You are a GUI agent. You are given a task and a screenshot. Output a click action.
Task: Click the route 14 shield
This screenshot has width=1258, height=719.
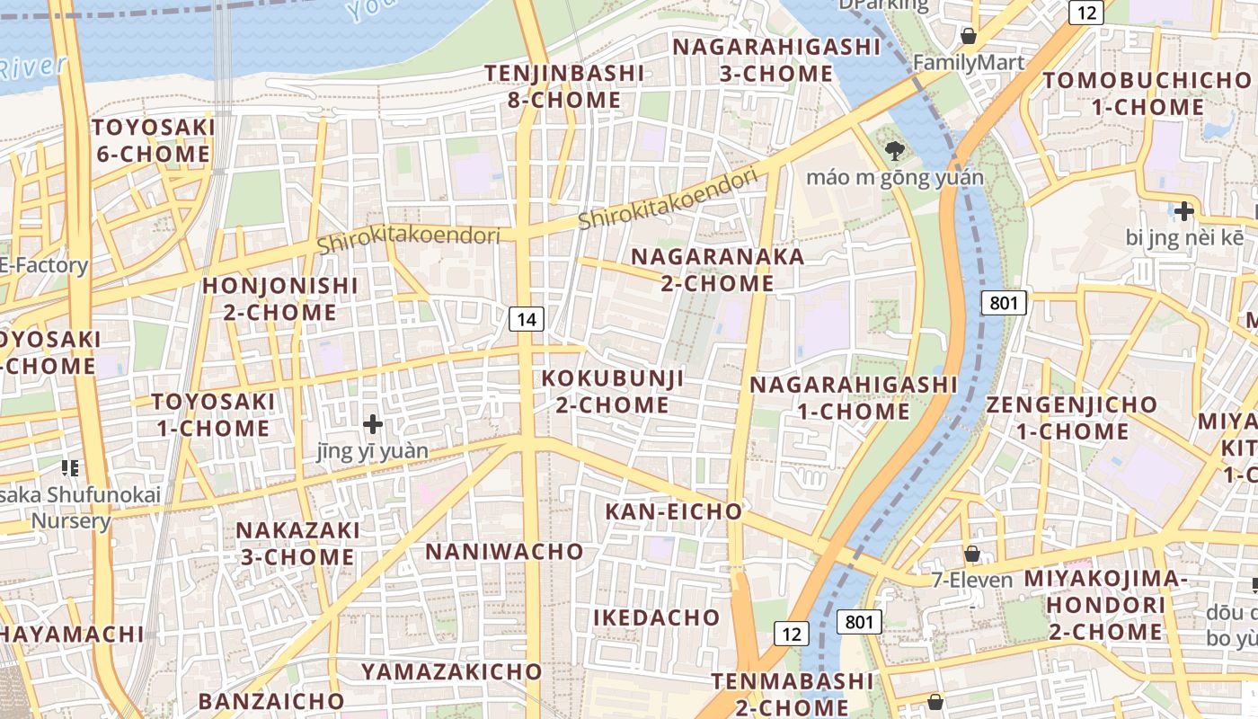click(x=527, y=318)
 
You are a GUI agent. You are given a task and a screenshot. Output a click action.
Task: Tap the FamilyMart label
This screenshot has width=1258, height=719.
click(x=969, y=62)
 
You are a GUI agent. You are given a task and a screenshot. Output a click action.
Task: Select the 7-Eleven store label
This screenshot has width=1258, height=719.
click(x=972, y=580)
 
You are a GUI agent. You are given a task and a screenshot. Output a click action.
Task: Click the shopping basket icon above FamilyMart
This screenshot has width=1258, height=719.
click(x=969, y=36)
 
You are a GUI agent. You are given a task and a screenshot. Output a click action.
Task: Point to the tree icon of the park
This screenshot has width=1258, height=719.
click(x=894, y=151)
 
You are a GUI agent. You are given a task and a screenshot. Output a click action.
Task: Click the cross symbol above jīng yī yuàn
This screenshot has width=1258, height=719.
click(x=373, y=423)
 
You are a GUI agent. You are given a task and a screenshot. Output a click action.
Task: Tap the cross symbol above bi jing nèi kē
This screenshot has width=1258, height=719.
click(x=1184, y=212)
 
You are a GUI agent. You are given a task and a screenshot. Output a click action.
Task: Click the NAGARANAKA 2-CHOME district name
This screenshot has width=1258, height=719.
click(x=717, y=270)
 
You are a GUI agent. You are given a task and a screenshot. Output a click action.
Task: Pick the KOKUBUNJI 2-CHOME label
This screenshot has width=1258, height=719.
click(x=612, y=391)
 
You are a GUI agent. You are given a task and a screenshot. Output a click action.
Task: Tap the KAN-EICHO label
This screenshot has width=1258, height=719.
click(x=674, y=511)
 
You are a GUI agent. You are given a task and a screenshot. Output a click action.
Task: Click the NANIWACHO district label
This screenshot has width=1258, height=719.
click(x=504, y=551)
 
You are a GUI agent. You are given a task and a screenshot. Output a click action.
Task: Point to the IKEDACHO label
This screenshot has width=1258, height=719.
click(x=656, y=617)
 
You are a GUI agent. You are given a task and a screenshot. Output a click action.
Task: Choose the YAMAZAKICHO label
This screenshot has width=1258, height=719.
click(x=452, y=671)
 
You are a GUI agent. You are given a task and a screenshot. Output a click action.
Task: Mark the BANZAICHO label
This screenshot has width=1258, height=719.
click(x=271, y=701)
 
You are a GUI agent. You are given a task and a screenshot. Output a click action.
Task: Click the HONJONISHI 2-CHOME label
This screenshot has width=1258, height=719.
click(x=279, y=299)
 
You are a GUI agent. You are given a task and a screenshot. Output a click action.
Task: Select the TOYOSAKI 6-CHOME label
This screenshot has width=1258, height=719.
click(x=154, y=140)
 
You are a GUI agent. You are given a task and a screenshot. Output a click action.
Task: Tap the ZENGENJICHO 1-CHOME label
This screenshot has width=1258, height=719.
click(x=1072, y=418)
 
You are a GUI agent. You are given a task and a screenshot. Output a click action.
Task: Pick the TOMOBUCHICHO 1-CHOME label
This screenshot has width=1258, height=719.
click(x=1147, y=93)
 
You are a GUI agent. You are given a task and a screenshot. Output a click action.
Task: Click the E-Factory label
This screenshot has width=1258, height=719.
click(x=43, y=265)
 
